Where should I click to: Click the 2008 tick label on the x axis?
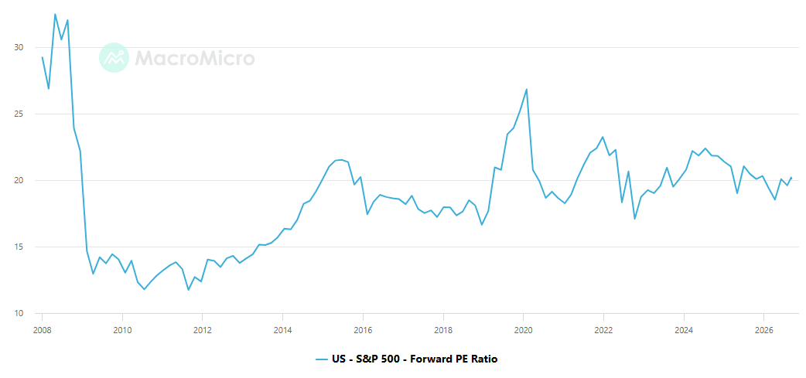pyautogui.click(x=42, y=330)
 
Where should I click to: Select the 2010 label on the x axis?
pyautogui.click(x=121, y=330)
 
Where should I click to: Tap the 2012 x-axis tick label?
pyautogui.click(x=202, y=330)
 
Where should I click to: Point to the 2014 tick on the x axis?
pyautogui.click(x=282, y=330)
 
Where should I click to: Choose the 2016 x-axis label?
pyautogui.click(x=363, y=330)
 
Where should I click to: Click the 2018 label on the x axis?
pyautogui.click(x=442, y=330)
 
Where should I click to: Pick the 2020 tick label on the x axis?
pyautogui.click(x=523, y=330)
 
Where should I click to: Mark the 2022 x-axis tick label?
pyautogui.click(x=603, y=330)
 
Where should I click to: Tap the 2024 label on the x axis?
pyautogui.click(x=683, y=330)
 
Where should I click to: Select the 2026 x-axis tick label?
pyautogui.click(x=763, y=330)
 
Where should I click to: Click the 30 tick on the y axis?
pyautogui.click(x=19, y=48)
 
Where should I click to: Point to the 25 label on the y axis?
pyautogui.click(x=19, y=114)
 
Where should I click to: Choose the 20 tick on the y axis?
pyautogui.click(x=19, y=181)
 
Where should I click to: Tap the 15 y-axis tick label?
pyautogui.click(x=19, y=247)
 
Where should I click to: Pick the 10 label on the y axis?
pyautogui.click(x=19, y=313)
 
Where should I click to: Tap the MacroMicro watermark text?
pyautogui.click(x=195, y=58)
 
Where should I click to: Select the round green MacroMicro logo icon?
pyautogui.click(x=114, y=57)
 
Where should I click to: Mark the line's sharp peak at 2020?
pyautogui.click(x=526, y=90)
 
